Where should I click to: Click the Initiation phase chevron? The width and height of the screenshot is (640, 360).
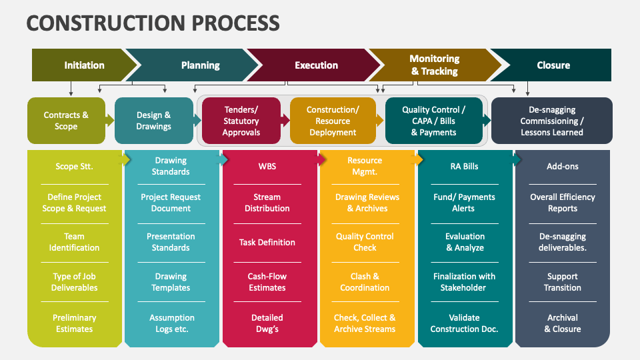[84, 65]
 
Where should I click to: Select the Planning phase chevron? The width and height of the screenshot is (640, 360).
[200, 65]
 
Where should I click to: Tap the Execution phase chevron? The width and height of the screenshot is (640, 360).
[316, 65]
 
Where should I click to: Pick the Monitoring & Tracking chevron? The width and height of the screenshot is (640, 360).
[434, 65]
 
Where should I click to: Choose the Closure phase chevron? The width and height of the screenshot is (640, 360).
[553, 65]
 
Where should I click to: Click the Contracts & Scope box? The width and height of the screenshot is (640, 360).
[66, 121]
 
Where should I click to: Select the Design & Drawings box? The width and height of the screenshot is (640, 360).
[154, 121]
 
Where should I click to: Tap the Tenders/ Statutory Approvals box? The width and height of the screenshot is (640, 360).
[241, 121]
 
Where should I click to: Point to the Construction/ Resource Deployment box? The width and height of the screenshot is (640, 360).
[333, 121]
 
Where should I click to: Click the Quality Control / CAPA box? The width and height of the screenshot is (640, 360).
[433, 121]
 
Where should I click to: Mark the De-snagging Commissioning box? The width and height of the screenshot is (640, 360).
[552, 121]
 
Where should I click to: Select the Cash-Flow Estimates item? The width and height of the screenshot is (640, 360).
[267, 282]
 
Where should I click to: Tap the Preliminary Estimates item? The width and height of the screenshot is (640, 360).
[74, 323]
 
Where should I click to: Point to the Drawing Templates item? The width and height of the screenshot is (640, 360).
[171, 282]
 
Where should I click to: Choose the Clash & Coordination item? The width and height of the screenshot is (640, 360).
[365, 282]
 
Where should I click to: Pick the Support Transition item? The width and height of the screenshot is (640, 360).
[563, 282]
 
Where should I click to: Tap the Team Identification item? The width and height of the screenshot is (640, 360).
[74, 242]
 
